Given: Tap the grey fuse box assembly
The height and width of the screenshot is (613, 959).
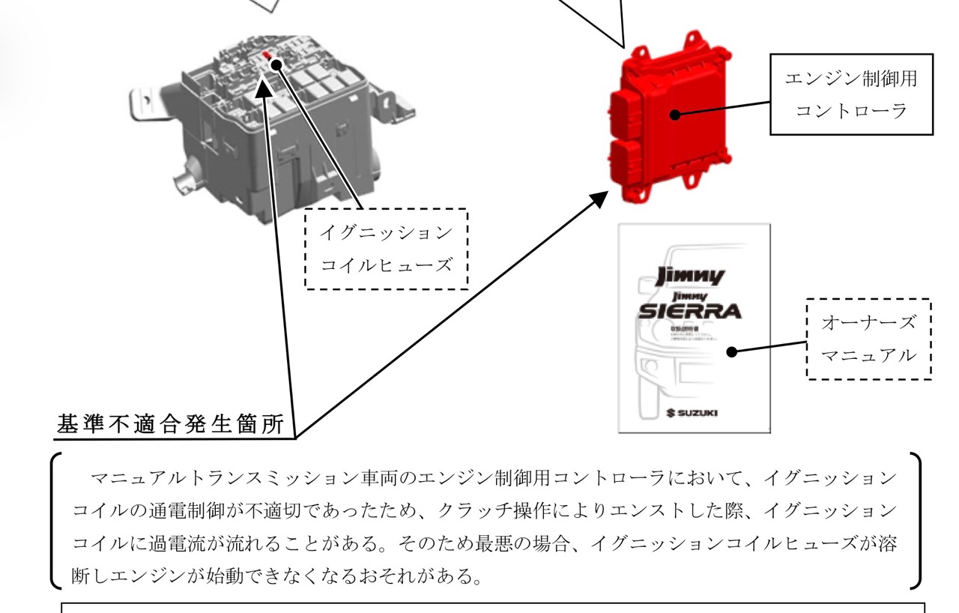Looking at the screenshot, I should [x=270, y=127].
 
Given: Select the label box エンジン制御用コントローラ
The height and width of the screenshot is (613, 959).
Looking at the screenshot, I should [x=851, y=94].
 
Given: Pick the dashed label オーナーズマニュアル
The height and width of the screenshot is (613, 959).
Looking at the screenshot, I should [x=868, y=339].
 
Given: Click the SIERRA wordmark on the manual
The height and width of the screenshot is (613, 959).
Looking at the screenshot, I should [x=689, y=310].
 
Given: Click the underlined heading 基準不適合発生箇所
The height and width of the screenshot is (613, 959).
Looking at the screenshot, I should [x=171, y=425].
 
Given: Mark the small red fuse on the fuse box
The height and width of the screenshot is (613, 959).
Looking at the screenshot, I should [x=267, y=55].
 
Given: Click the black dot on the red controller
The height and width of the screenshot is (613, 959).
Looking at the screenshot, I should [x=675, y=114].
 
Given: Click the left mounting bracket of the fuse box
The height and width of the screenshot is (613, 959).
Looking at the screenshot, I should [x=142, y=101].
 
